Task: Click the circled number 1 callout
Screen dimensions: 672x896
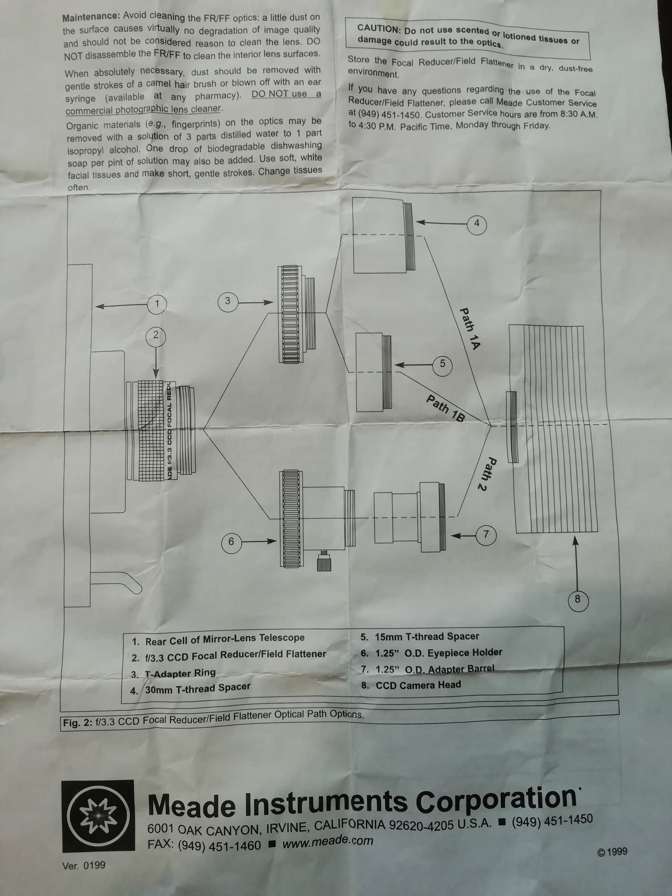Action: (157, 304)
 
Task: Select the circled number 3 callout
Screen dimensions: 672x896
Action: (228, 301)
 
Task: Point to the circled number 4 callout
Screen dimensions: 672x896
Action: (477, 223)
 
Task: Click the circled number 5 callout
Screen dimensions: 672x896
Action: (442, 364)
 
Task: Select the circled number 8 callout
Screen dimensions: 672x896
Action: (578, 599)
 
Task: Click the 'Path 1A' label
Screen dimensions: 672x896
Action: (470, 329)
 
